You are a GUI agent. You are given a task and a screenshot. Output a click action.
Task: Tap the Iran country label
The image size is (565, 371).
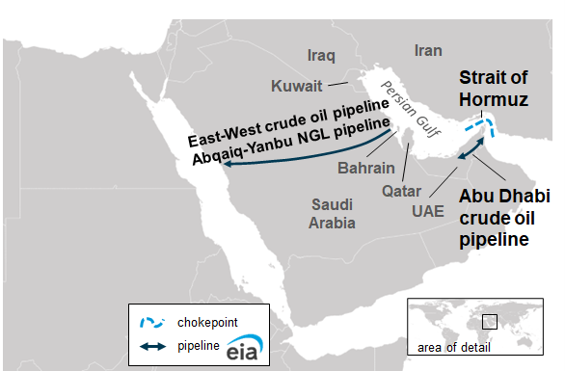tap(427, 50)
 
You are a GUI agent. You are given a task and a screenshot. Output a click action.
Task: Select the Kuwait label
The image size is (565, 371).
tap(296, 85)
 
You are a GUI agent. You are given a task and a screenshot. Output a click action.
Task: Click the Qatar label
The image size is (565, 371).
tap(402, 191)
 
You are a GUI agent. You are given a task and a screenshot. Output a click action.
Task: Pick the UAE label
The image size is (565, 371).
tap(428, 209)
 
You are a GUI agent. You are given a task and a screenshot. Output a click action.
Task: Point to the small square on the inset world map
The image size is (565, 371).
tap(490, 319)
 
